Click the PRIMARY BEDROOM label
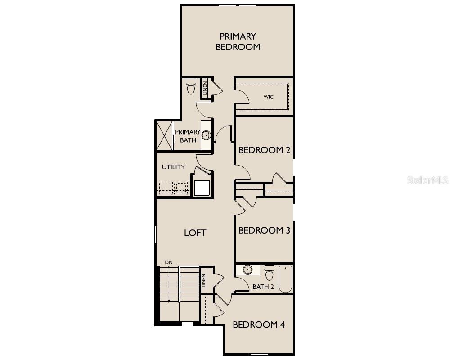(238, 41)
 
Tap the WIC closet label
(269, 97)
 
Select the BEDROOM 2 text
(264, 150)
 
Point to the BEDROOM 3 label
(264, 230)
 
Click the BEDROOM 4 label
(258, 324)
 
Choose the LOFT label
(195, 233)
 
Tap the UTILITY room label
(173, 167)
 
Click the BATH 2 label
(263, 287)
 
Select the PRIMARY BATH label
(188, 136)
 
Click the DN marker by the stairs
(169, 262)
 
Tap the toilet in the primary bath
(191, 86)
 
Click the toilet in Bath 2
(270, 272)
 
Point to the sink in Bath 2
(247, 270)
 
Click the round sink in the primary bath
(206, 135)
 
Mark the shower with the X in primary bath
(165, 135)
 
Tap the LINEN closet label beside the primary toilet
(205, 87)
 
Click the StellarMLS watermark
(427, 180)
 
